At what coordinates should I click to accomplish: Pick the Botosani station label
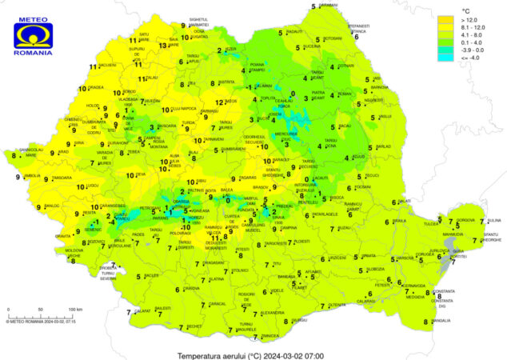[333, 38]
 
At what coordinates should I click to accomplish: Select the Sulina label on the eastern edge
[494, 219]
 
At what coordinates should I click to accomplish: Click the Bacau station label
[345, 126]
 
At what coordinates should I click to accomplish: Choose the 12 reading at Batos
[231, 102]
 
